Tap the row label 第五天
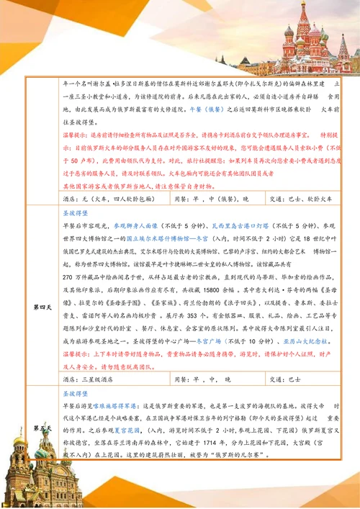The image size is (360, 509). pyautogui.click(x=39, y=428)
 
